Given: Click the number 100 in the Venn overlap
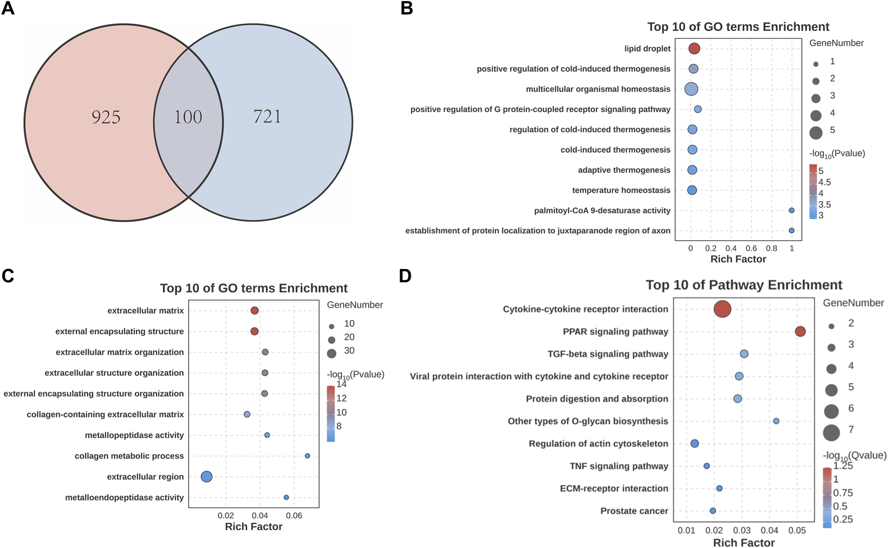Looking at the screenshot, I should point(188,117).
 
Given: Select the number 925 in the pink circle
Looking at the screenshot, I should point(106,117).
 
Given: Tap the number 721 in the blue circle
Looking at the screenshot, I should point(267,116).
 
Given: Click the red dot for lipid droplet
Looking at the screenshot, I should point(694,49).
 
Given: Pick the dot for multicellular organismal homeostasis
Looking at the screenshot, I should point(691,89).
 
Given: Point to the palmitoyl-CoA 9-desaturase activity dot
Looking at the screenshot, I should point(792,210).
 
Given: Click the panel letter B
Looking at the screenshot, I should point(406,9).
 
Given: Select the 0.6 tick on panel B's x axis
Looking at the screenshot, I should point(751,248).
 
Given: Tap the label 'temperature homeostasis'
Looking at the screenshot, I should point(621,190).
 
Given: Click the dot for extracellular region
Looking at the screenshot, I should point(206,477).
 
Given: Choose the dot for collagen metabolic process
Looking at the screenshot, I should point(308,456).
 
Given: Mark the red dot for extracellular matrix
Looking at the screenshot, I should point(255,311).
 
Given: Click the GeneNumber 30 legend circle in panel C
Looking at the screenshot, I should point(331,353).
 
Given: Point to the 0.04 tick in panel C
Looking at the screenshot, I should point(260,515).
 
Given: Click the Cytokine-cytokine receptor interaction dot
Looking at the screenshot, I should point(722,309).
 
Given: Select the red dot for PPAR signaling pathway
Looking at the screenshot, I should point(800,332).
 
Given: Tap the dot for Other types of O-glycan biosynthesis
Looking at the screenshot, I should point(776,421).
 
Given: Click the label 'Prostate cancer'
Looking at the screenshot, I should point(634,511).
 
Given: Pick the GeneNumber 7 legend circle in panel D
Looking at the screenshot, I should point(831,432).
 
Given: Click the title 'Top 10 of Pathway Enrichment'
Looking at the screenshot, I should point(744,285).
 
